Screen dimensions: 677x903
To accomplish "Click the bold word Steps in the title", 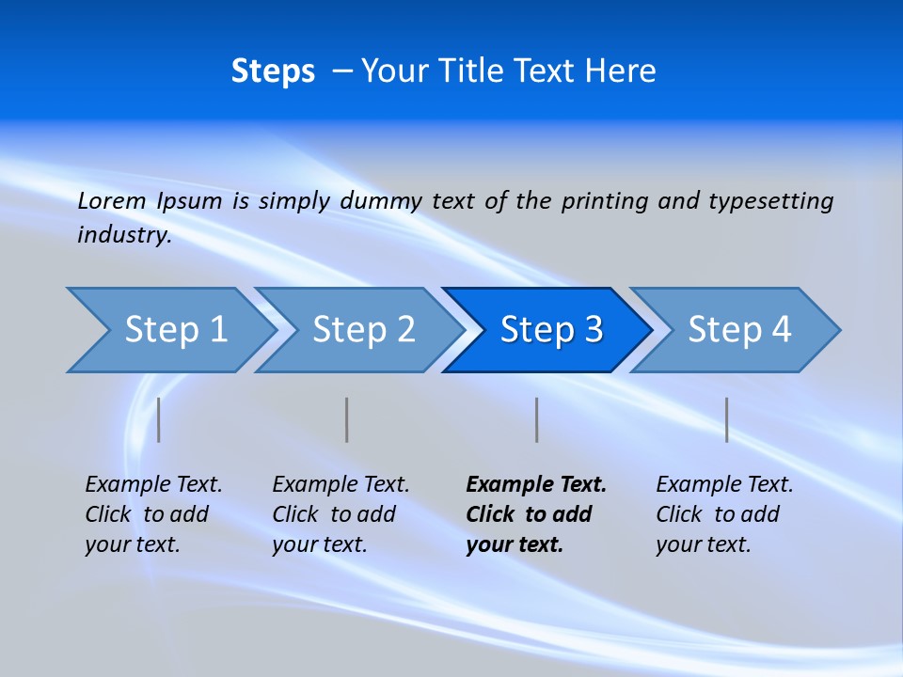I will pyautogui.click(x=273, y=71).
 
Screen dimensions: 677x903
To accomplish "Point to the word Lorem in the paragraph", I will pyautogui.click(x=112, y=200).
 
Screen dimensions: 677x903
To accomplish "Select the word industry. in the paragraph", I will pyautogui.click(x=124, y=235).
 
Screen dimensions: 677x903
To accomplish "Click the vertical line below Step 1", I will pyautogui.click(x=159, y=419).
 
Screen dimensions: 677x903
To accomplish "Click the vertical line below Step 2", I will pyautogui.click(x=347, y=419).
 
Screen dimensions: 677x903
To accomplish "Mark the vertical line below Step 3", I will pyautogui.click(x=537, y=419).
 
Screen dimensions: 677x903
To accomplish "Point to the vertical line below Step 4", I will pyautogui.click(x=727, y=419).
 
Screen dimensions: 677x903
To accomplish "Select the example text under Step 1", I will pyautogui.click(x=152, y=514).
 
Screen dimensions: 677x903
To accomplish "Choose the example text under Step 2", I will pyautogui.click(x=340, y=514).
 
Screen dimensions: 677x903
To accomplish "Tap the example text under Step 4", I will pyautogui.click(x=723, y=514).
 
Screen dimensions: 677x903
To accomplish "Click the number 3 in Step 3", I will pyautogui.click(x=593, y=330).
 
